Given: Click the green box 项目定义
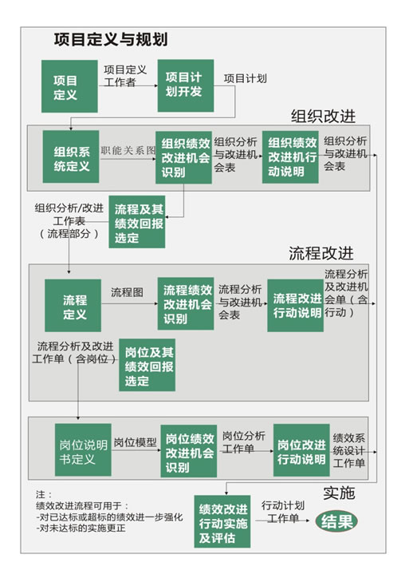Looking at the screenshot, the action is [69, 86].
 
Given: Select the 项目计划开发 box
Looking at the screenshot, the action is [186, 85].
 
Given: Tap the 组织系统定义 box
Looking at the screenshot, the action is [71, 156].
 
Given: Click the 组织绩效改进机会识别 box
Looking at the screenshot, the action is [184, 157].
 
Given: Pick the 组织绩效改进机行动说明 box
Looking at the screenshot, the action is [290, 156].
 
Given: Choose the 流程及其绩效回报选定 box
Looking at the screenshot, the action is [137, 222].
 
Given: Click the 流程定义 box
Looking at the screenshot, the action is [73, 305].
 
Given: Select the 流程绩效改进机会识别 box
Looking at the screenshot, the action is [186, 303].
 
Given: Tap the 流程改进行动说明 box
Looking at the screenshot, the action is [296, 305].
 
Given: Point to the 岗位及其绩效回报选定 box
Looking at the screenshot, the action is [147, 365].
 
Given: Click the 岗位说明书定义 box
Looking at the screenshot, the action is [83, 449].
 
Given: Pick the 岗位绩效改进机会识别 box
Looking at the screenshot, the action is [189, 451].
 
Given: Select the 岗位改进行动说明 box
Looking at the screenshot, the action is [301, 450].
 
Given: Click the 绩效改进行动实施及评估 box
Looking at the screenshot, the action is [222, 521].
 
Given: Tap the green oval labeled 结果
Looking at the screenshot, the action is [336, 521].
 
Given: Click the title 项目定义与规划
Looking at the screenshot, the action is [111, 40].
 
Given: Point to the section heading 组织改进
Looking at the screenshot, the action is [323, 117].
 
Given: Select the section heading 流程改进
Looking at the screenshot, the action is [320, 253].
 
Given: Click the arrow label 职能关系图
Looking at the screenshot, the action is [128, 150].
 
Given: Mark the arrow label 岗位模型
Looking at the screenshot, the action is [136, 442].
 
